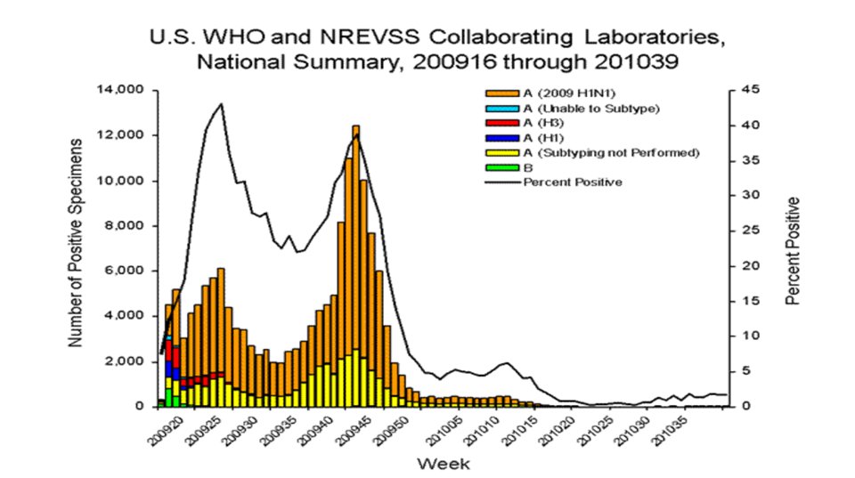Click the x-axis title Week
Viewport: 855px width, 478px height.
(x=442, y=464)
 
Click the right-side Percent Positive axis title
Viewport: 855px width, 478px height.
(x=793, y=251)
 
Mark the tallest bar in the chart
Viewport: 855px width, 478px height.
(x=355, y=267)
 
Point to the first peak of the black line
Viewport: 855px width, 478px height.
(x=221, y=104)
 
